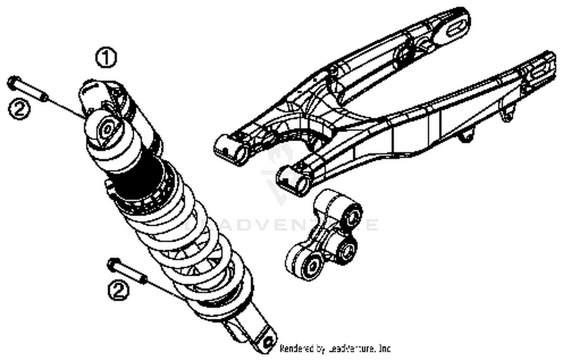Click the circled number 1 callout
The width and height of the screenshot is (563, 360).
click(106, 57)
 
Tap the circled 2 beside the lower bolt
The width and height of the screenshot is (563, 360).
click(119, 291)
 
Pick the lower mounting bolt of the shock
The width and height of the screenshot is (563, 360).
click(128, 271)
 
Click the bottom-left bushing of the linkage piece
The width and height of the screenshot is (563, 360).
click(311, 267)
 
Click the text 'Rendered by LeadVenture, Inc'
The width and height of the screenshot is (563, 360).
click(335, 348)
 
